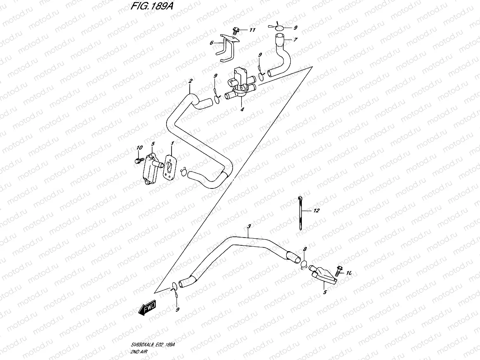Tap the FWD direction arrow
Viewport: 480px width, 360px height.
[147, 308]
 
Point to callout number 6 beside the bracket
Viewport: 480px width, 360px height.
[211, 42]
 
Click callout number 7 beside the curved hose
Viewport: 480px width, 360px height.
[295, 40]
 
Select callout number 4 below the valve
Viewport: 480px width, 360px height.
[242, 109]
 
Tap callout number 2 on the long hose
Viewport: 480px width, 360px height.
[190, 81]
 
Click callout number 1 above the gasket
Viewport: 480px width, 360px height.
[172, 144]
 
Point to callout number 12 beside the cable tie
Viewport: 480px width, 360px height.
[316, 211]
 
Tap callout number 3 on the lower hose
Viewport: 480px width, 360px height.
[249, 227]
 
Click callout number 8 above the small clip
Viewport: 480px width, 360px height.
[305, 249]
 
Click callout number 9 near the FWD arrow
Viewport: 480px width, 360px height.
[177, 310]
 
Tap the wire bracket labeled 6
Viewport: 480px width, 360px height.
[226, 49]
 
